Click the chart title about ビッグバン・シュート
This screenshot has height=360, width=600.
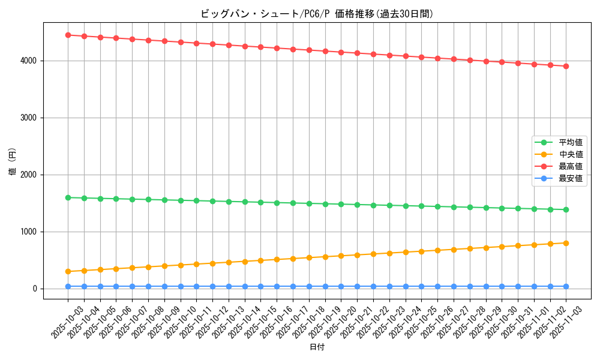[317, 14]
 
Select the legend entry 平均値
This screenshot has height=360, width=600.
[570, 143]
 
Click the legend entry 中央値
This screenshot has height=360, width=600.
[570, 155]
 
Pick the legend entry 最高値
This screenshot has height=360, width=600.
[570, 167]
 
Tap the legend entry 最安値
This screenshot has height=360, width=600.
[570, 179]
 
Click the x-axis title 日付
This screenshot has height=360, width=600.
[317, 347]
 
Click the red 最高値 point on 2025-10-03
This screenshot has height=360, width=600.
[68, 35]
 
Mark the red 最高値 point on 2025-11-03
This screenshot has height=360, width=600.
[566, 66]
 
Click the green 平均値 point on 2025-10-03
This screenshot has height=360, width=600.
[68, 197]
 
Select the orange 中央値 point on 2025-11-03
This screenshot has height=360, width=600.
[566, 243]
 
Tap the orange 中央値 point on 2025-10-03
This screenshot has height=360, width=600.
[68, 271]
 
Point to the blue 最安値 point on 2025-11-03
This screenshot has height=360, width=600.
[566, 286]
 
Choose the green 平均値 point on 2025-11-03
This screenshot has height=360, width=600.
[566, 209]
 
